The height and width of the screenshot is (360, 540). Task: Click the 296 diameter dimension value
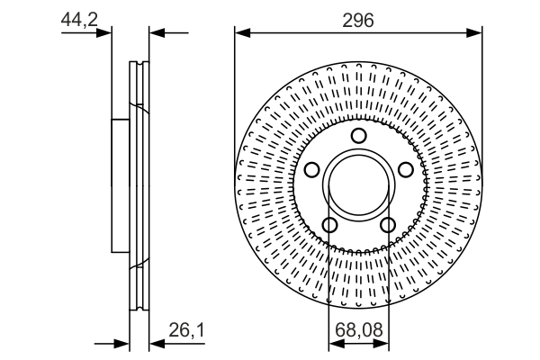[x=358, y=19]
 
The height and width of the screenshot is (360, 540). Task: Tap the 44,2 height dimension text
[x=79, y=18]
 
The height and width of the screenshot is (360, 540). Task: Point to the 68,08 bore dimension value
[x=358, y=331]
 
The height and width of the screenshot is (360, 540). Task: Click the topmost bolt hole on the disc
[x=358, y=137]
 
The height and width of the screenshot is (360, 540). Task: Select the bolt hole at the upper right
[x=405, y=170]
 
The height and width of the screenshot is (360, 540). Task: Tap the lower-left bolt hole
[x=329, y=224]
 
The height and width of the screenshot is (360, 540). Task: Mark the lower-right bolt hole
[x=388, y=224]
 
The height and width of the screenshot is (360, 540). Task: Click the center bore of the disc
[x=358, y=185]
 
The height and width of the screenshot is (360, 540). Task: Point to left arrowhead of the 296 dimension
[x=239, y=34]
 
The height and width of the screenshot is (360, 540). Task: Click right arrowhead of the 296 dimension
[x=477, y=34]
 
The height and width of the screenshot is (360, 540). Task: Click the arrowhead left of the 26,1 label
[x=156, y=344]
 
